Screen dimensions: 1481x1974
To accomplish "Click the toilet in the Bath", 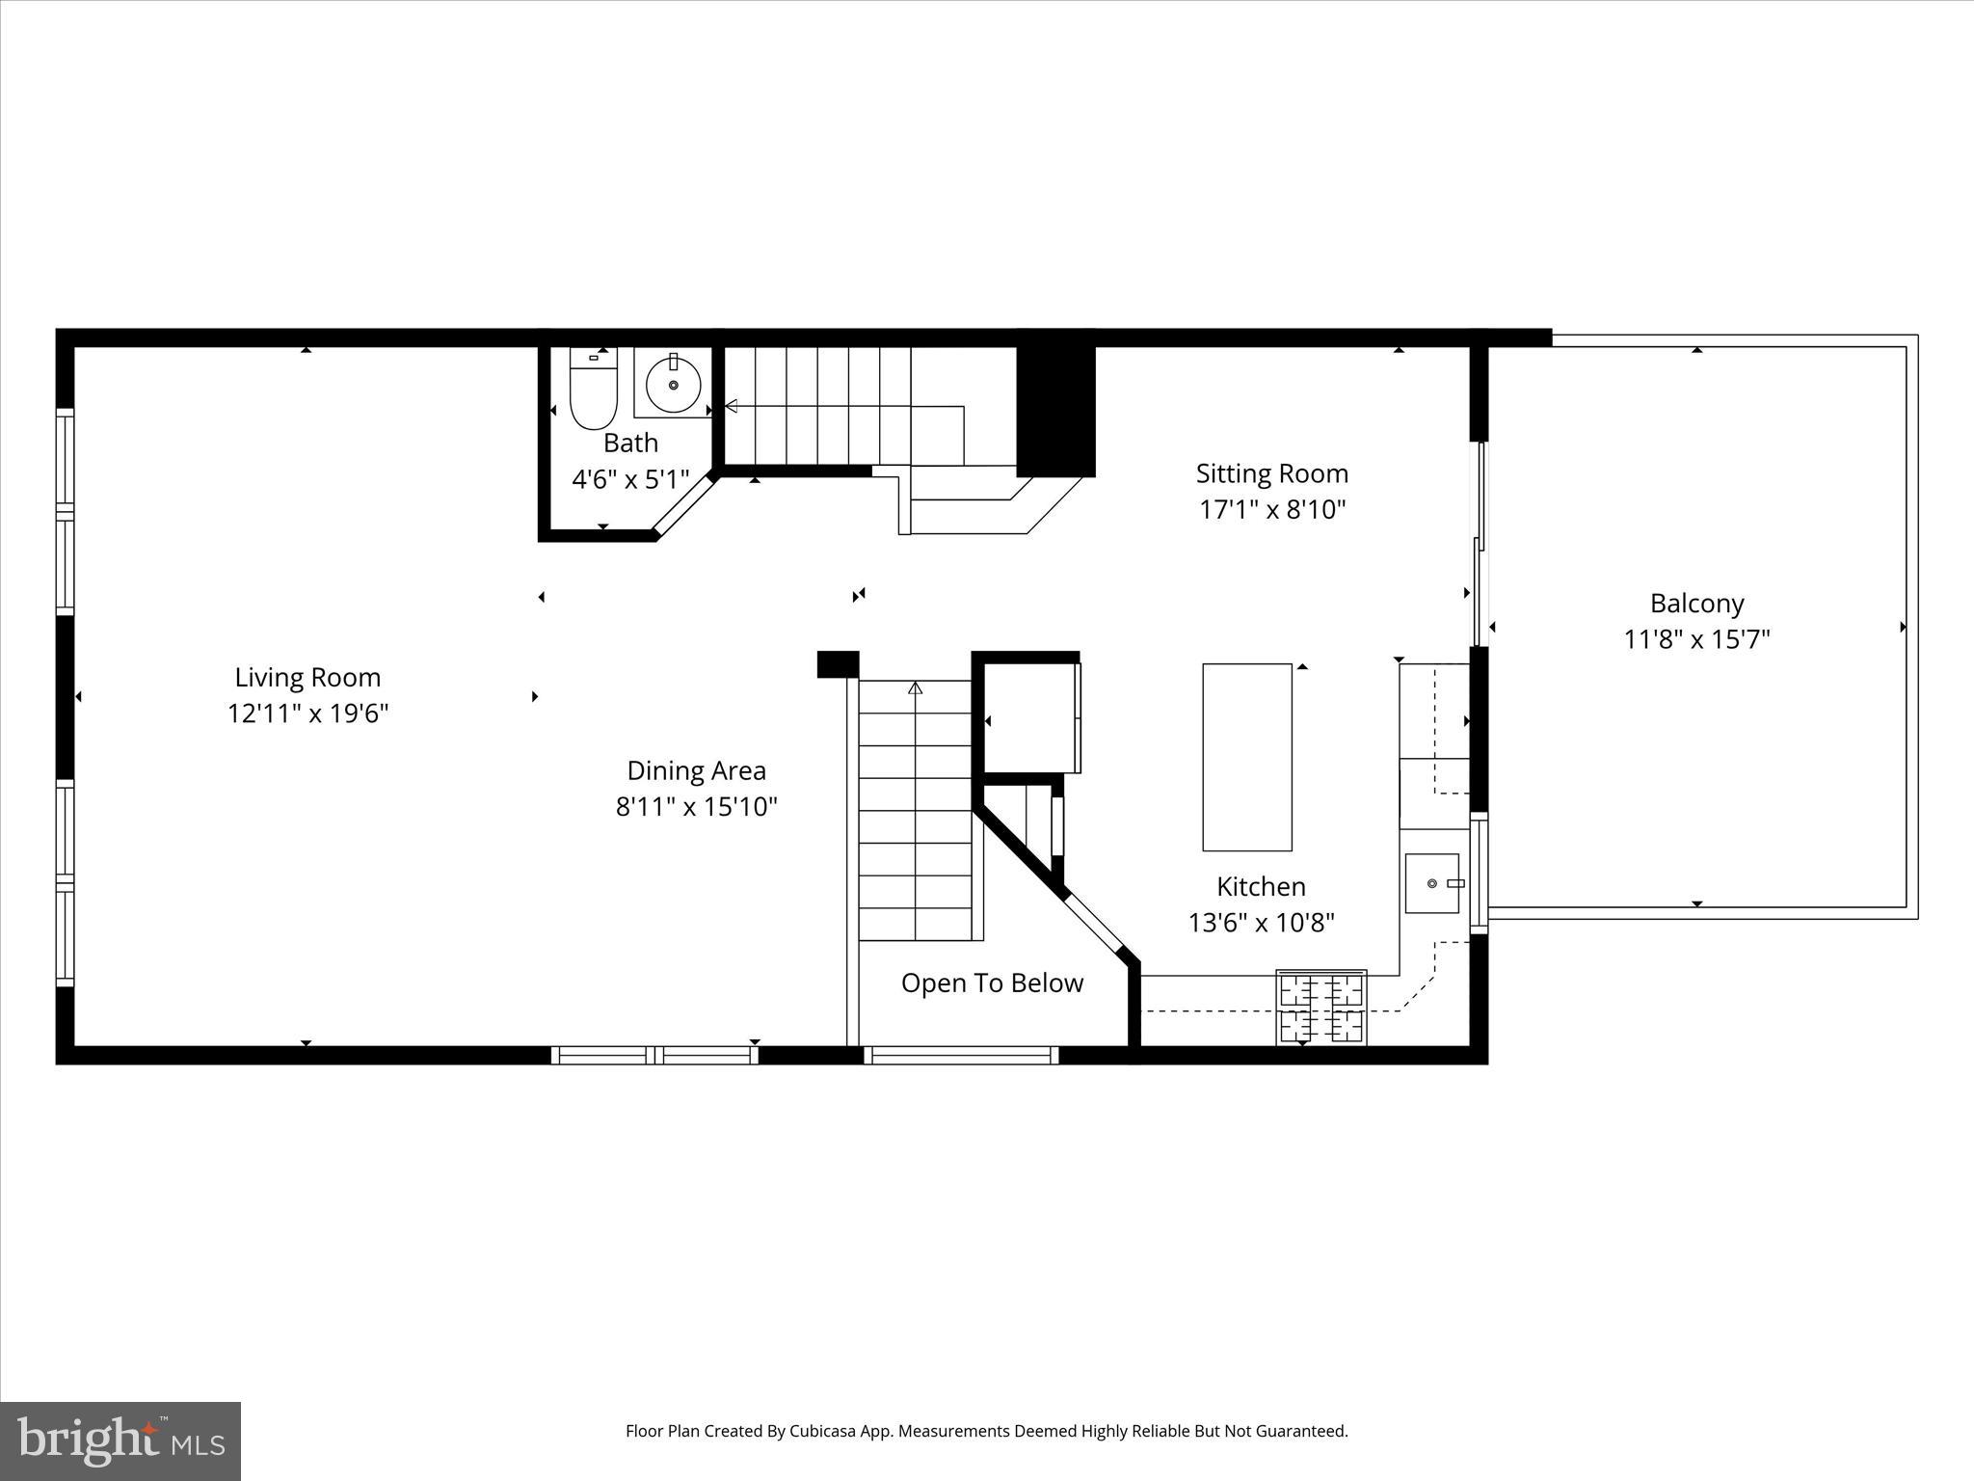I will [593, 395].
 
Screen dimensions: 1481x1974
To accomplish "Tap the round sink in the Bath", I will [673, 384].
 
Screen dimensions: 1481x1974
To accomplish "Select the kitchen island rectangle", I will [1246, 757].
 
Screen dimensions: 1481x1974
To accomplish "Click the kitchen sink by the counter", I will [1432, 882].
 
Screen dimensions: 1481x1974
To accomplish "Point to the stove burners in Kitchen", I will [1320, 1008].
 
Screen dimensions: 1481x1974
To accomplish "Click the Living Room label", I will [307, 677].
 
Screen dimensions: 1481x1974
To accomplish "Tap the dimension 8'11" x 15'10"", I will [696, 807].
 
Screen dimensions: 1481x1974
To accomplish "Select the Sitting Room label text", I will [1271, 473].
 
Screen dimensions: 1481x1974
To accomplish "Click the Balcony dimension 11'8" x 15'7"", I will [1696, 639].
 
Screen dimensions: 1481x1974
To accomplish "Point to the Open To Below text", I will [992, 983].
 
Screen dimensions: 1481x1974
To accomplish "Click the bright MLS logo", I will [120, 1441].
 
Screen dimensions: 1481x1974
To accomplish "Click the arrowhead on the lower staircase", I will [915, 688].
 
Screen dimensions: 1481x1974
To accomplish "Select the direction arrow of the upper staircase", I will [731, 406].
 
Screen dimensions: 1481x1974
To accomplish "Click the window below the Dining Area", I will [654, 1056].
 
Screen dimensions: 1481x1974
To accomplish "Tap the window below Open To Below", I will [961, 1056].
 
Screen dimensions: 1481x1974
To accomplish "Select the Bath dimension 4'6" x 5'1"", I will [630, 479].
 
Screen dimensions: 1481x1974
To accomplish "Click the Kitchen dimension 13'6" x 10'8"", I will [1261, 924].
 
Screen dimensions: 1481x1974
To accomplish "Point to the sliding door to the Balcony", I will [1479, 545].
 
